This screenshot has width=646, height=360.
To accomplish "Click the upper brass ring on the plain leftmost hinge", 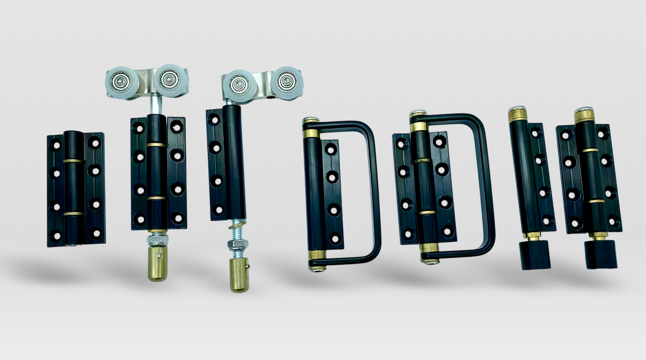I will tap(73, 160).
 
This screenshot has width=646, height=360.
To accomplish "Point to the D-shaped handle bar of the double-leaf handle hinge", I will tap(489, 185).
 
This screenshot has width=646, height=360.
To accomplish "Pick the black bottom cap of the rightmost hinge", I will tap(600, 254).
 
